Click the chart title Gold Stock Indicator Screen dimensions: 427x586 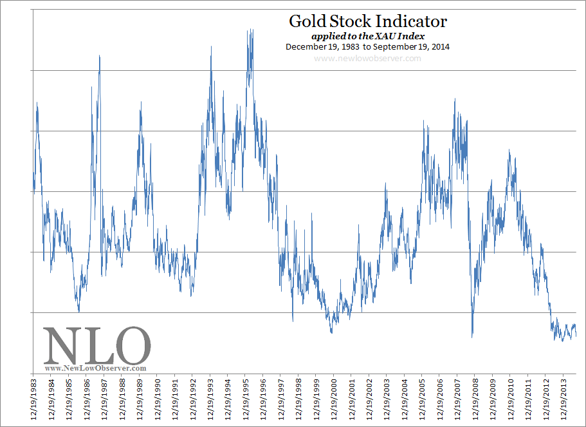click(367, 21)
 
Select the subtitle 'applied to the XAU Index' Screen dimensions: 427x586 click(367, 36)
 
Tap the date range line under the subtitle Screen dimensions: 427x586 click(367, 47)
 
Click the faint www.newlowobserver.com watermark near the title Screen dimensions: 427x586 click(367, 59)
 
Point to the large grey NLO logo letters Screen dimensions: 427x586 click(96, 346)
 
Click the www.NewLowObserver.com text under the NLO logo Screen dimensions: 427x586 click(96, 368)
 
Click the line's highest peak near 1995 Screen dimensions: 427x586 click(250, 30)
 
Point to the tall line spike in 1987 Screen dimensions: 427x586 click(100, 56)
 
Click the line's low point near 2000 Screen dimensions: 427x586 click(331, 332)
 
